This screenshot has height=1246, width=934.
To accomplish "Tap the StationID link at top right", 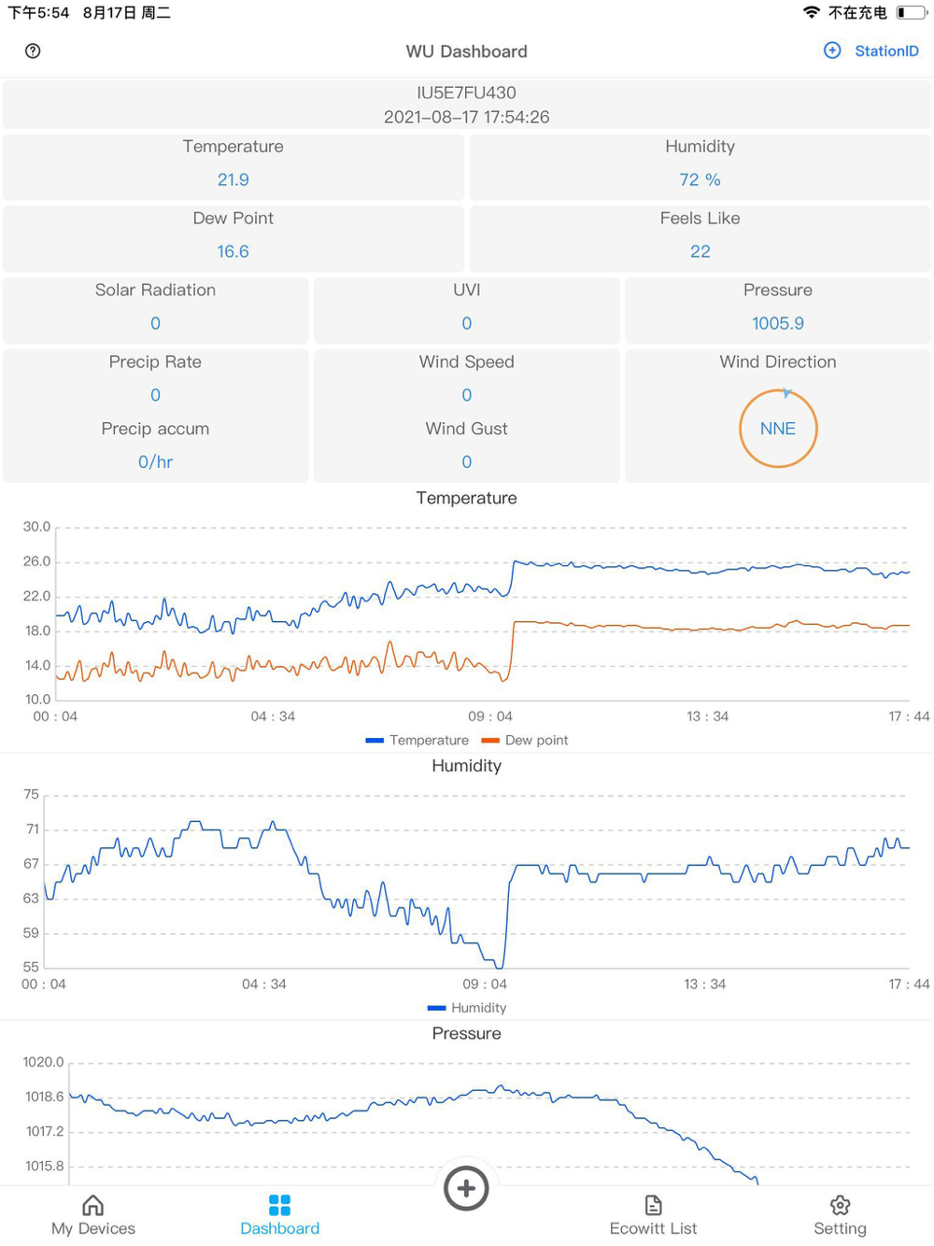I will click(x=885, y=51).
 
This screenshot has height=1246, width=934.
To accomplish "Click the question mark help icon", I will click(x=33, y=51).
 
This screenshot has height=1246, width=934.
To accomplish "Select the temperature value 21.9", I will click(x=233, y=179).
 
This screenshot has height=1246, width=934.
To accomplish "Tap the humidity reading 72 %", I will click(x=700, y=179).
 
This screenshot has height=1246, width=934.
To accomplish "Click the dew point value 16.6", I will click(x=233, y=251).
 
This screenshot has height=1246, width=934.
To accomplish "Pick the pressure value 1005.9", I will click(x=777, y=323).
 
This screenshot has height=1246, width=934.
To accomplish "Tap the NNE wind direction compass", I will click(x=777, y=429).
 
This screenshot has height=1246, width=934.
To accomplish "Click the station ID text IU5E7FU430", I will click(x=466, y=92).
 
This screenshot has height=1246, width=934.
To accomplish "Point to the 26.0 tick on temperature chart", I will click(x=37, y=561).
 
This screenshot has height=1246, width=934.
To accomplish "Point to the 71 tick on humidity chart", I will click(x=33, y=829).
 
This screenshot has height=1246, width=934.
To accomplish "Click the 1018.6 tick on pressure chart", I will click(x=45, y=1097).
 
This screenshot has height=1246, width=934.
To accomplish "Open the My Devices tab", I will click(x=93, y=1215).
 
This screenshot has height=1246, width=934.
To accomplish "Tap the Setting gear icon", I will click(x=840, y=1206).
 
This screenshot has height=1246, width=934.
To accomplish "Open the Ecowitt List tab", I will click(x=653, y=1215).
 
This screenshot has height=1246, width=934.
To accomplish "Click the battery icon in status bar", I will click(x=912, y=13).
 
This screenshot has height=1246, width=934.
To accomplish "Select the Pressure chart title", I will click(x=466, y=1033).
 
